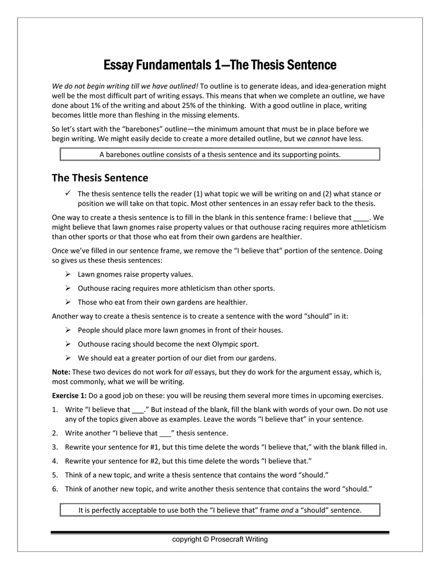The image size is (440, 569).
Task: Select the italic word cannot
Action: [320, 139]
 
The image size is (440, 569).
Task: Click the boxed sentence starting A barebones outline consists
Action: [220, 154]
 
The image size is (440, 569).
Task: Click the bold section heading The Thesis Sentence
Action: [100, 178]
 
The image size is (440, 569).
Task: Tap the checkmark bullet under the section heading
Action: [68, 193]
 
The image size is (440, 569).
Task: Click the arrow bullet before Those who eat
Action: [68, 302]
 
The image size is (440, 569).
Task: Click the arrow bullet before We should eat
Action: [68, 358]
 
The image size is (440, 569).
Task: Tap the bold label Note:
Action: [62, 372]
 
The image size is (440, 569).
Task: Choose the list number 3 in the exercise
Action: [55, 447]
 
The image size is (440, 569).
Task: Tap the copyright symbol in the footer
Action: [206, 539]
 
